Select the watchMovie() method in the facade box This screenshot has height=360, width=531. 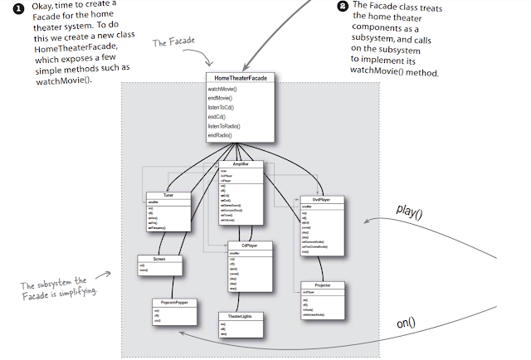[222, 89]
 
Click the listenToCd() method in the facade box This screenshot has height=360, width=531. [222, 107]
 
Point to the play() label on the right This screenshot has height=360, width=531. [410, 212]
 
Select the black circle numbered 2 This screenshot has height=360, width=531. [343, 6]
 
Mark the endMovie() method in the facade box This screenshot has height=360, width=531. [221, 98]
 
